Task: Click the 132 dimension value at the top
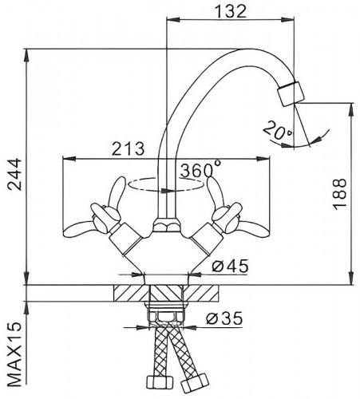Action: coord(231,11)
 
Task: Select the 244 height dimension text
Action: coord(14,174)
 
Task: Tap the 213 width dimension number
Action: coord(129,148)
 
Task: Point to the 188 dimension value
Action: coord(340,194)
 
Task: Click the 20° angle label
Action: coord(278,130)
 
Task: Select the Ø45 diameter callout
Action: coord(230,266)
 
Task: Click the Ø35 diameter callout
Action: coord(224,318)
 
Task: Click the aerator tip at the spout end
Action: coord(291,94)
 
